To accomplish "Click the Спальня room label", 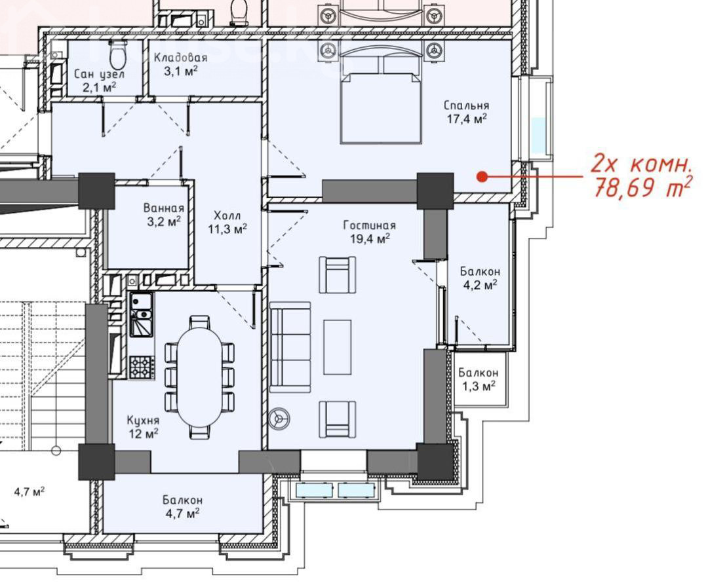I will (466, 105).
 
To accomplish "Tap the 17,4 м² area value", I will (466, 119).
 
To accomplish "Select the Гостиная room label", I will (369, 225).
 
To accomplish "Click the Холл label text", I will (227, 215).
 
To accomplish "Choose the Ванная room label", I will (163, 208).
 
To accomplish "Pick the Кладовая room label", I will (180, 58).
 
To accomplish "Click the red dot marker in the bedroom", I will (482, 176).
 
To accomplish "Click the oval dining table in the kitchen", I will (199, 377).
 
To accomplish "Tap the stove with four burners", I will (142, 367).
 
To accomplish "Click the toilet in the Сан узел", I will (117, 54).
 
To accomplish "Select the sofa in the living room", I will (290, 347).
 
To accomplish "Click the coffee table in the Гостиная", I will (338, 347).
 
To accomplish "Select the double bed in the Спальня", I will (380, 98).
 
